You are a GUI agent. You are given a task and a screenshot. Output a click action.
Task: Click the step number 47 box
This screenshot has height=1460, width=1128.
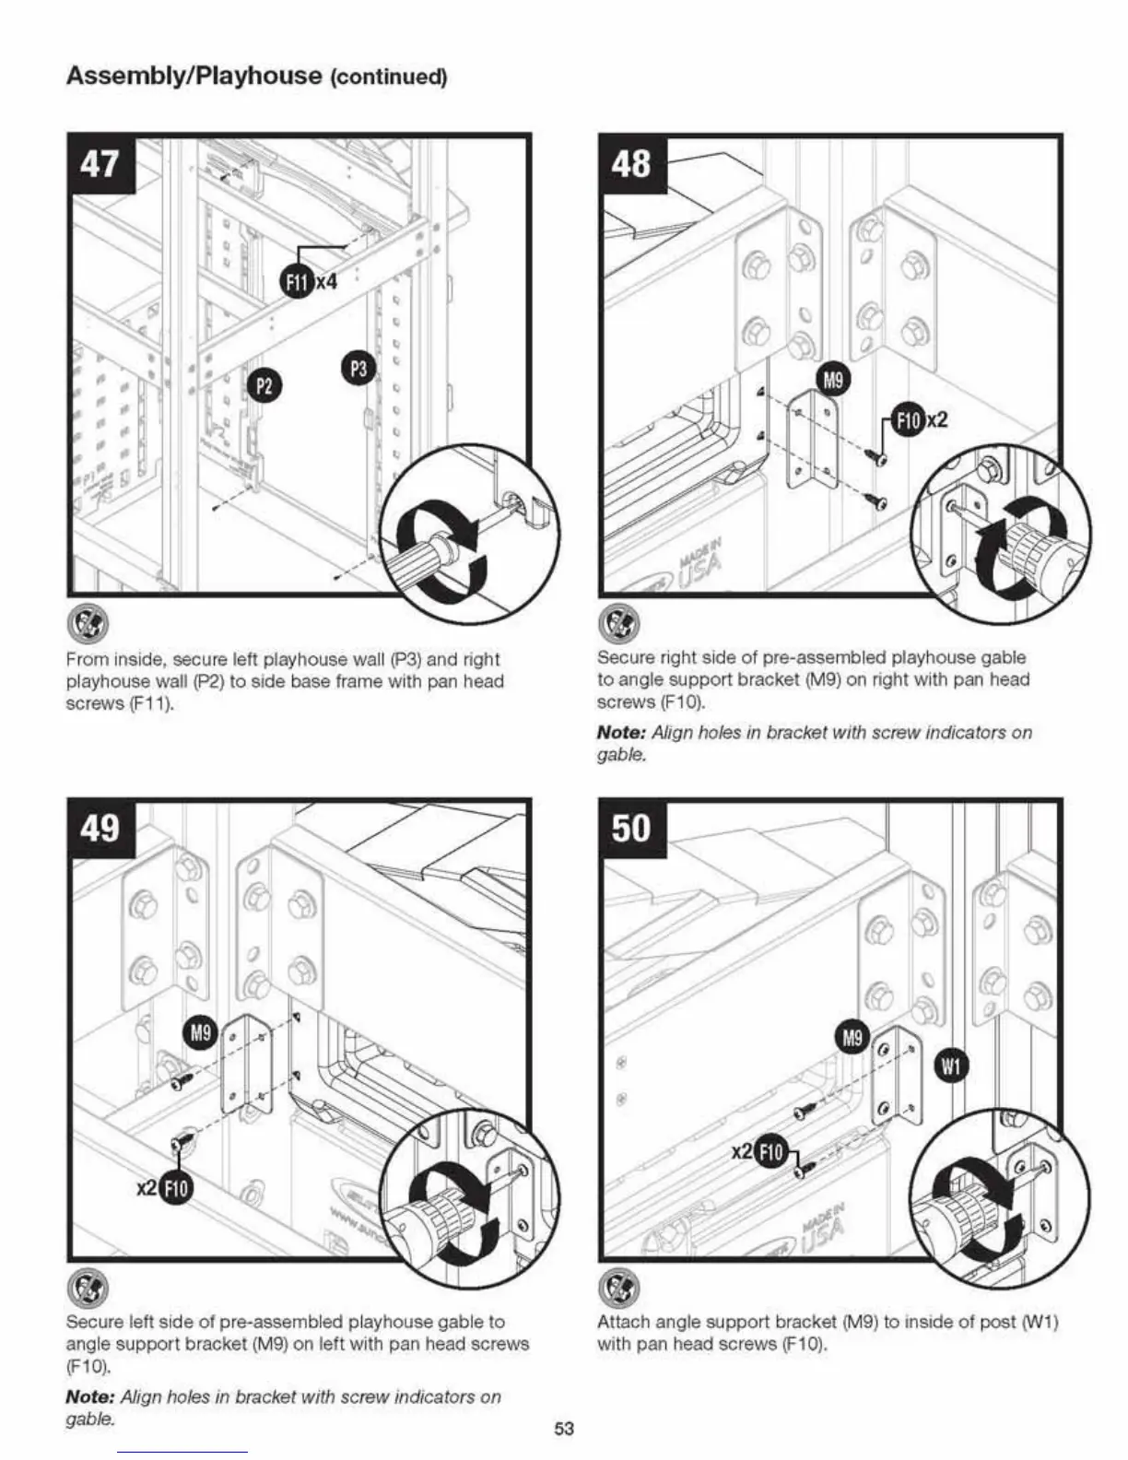(x=101, y=163)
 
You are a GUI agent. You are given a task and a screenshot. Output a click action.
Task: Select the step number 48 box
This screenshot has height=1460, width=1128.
(x=632, y=163)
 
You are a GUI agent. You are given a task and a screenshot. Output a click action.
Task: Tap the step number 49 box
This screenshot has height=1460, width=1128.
(x=101, y=827)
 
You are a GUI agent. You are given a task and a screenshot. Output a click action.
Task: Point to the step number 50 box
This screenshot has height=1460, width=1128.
(x=632, y=827)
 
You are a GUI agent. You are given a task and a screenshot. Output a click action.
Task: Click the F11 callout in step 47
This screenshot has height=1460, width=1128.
(x=295, y=282)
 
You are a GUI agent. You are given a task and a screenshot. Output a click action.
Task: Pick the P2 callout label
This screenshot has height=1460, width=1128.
(x=264, y=384)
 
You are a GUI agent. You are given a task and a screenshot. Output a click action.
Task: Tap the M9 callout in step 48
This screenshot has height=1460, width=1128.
(x=833, y=379)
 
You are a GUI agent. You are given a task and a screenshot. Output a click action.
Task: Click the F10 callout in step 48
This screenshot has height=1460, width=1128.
(x=908, y=420)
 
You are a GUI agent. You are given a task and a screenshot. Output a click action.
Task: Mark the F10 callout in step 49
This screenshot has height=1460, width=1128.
(x=175, y=1188)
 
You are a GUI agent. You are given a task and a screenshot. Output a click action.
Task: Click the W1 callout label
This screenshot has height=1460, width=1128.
(x=950, y=1066)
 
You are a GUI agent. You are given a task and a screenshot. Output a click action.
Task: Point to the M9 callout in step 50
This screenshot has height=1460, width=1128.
(x=852, y=1039)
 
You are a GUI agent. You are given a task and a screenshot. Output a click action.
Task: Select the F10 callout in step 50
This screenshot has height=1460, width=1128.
(x=770, y=1152)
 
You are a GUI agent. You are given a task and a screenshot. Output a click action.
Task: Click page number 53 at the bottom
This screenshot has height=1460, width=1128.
(x=564, y=1429)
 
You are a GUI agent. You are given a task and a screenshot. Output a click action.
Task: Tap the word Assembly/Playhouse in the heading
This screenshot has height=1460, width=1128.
(x=194, y=75)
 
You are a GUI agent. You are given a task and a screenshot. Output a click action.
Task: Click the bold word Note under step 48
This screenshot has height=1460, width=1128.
(x=620, y=733)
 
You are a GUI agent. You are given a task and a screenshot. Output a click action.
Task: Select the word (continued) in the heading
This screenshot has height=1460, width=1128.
(x=388, y=77)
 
